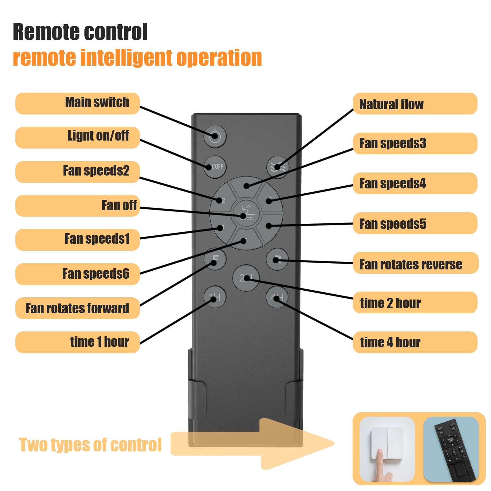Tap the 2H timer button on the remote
point(246,278)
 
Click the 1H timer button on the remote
point(215,297)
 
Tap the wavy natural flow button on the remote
point(278,167)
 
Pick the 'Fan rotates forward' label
point(78,308)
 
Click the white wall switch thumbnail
point(387,449)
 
